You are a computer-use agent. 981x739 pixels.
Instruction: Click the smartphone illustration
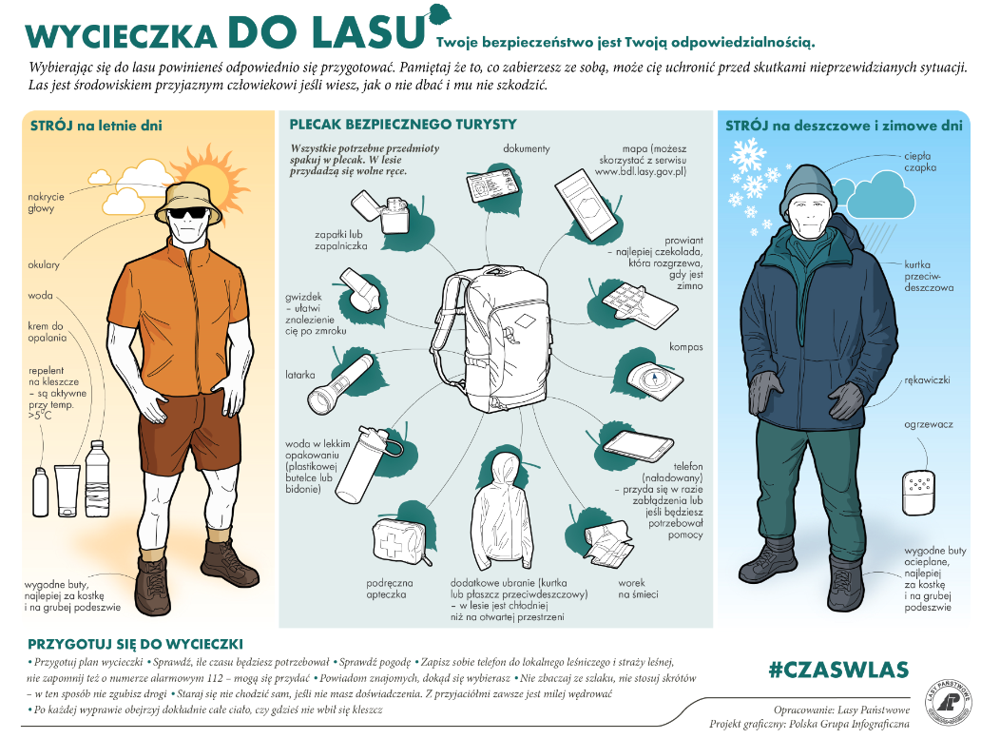tap(638, 446)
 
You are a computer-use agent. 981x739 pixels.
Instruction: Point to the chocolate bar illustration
tap(639, 302)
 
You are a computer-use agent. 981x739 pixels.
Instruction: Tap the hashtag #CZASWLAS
tap(838, 669)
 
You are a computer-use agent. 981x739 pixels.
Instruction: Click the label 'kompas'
tap(685, 347)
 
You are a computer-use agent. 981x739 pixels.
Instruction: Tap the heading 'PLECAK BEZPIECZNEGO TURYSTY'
tap(403, 125)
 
